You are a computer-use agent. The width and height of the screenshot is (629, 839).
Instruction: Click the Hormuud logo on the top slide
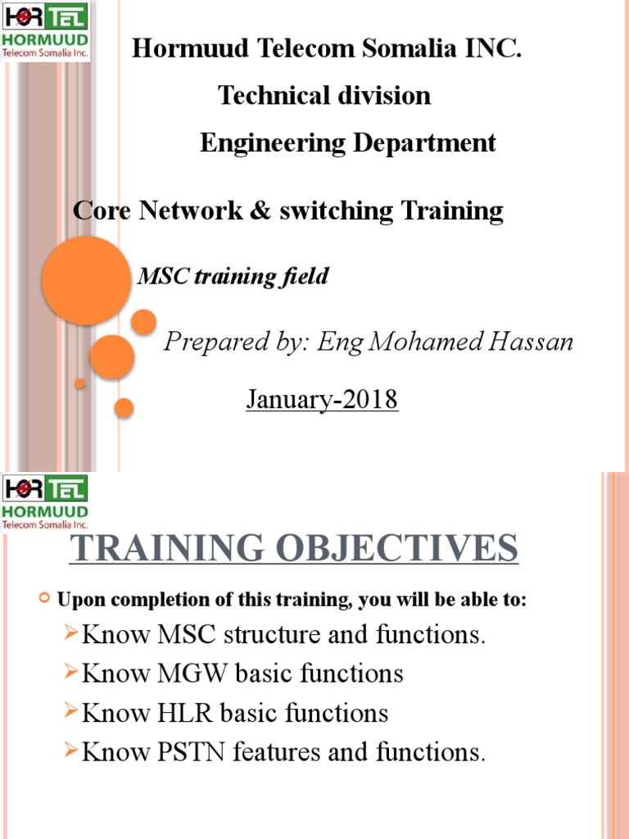[x=46, y=30]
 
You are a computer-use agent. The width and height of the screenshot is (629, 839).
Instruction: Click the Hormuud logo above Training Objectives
[x=46, y=501]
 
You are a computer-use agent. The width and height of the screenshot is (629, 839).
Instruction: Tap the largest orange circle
[x=86, y=280]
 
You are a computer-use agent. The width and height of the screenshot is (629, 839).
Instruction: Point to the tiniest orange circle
[x=79, y=383]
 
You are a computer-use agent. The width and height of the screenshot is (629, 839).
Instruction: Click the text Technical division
[x=324, y=96]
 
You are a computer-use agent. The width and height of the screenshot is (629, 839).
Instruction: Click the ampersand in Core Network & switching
[x=261, y=211]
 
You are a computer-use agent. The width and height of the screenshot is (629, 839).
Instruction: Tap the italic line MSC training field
[x=233, y=277]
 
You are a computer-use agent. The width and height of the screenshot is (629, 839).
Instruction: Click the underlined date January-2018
[x=322, y=400]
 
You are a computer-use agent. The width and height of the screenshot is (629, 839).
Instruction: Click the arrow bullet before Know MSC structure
[x=71, y=634]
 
